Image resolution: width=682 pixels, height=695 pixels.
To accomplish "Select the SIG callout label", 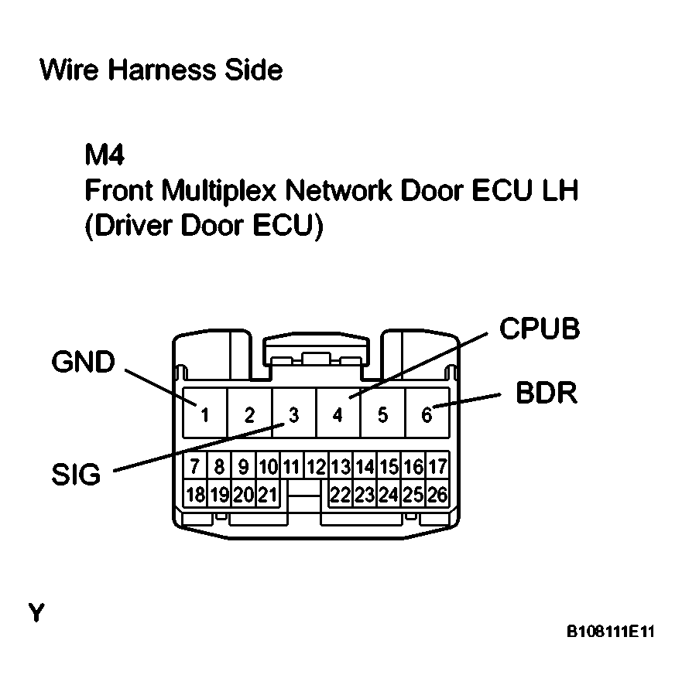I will [x=77, y=474].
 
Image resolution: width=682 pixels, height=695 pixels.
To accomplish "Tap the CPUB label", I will [x=539, y=329].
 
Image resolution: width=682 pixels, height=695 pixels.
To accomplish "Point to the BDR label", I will [x=547, y=393].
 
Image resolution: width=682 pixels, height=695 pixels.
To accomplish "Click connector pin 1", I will [x=205, y=415].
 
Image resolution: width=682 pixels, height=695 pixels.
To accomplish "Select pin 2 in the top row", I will [x=249, y=415].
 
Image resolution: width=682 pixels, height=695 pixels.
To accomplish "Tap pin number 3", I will [x=293, y=415].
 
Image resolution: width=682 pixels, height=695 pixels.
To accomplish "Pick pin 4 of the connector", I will [x=338, y=415].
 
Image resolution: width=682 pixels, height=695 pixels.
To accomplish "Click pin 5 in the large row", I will [x=382, y=415].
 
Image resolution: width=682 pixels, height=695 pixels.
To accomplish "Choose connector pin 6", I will [x=427, y=415].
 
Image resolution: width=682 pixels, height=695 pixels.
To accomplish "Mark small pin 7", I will [x=194, y=467].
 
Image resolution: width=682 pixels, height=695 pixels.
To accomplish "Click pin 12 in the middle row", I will [x=316, y=467].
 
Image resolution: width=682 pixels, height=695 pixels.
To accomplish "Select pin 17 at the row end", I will [x=437, y=467].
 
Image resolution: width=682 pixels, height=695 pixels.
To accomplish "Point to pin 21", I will [x=267, y=494].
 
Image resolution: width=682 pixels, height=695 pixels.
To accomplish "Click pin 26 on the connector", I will [x=437, y=494].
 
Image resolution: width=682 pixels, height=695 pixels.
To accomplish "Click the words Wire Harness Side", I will [x=160, y=70].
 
